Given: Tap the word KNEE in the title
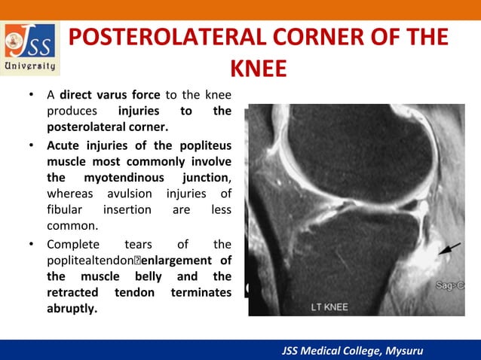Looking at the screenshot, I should point(258,69).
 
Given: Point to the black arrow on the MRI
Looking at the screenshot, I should point(450,254).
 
